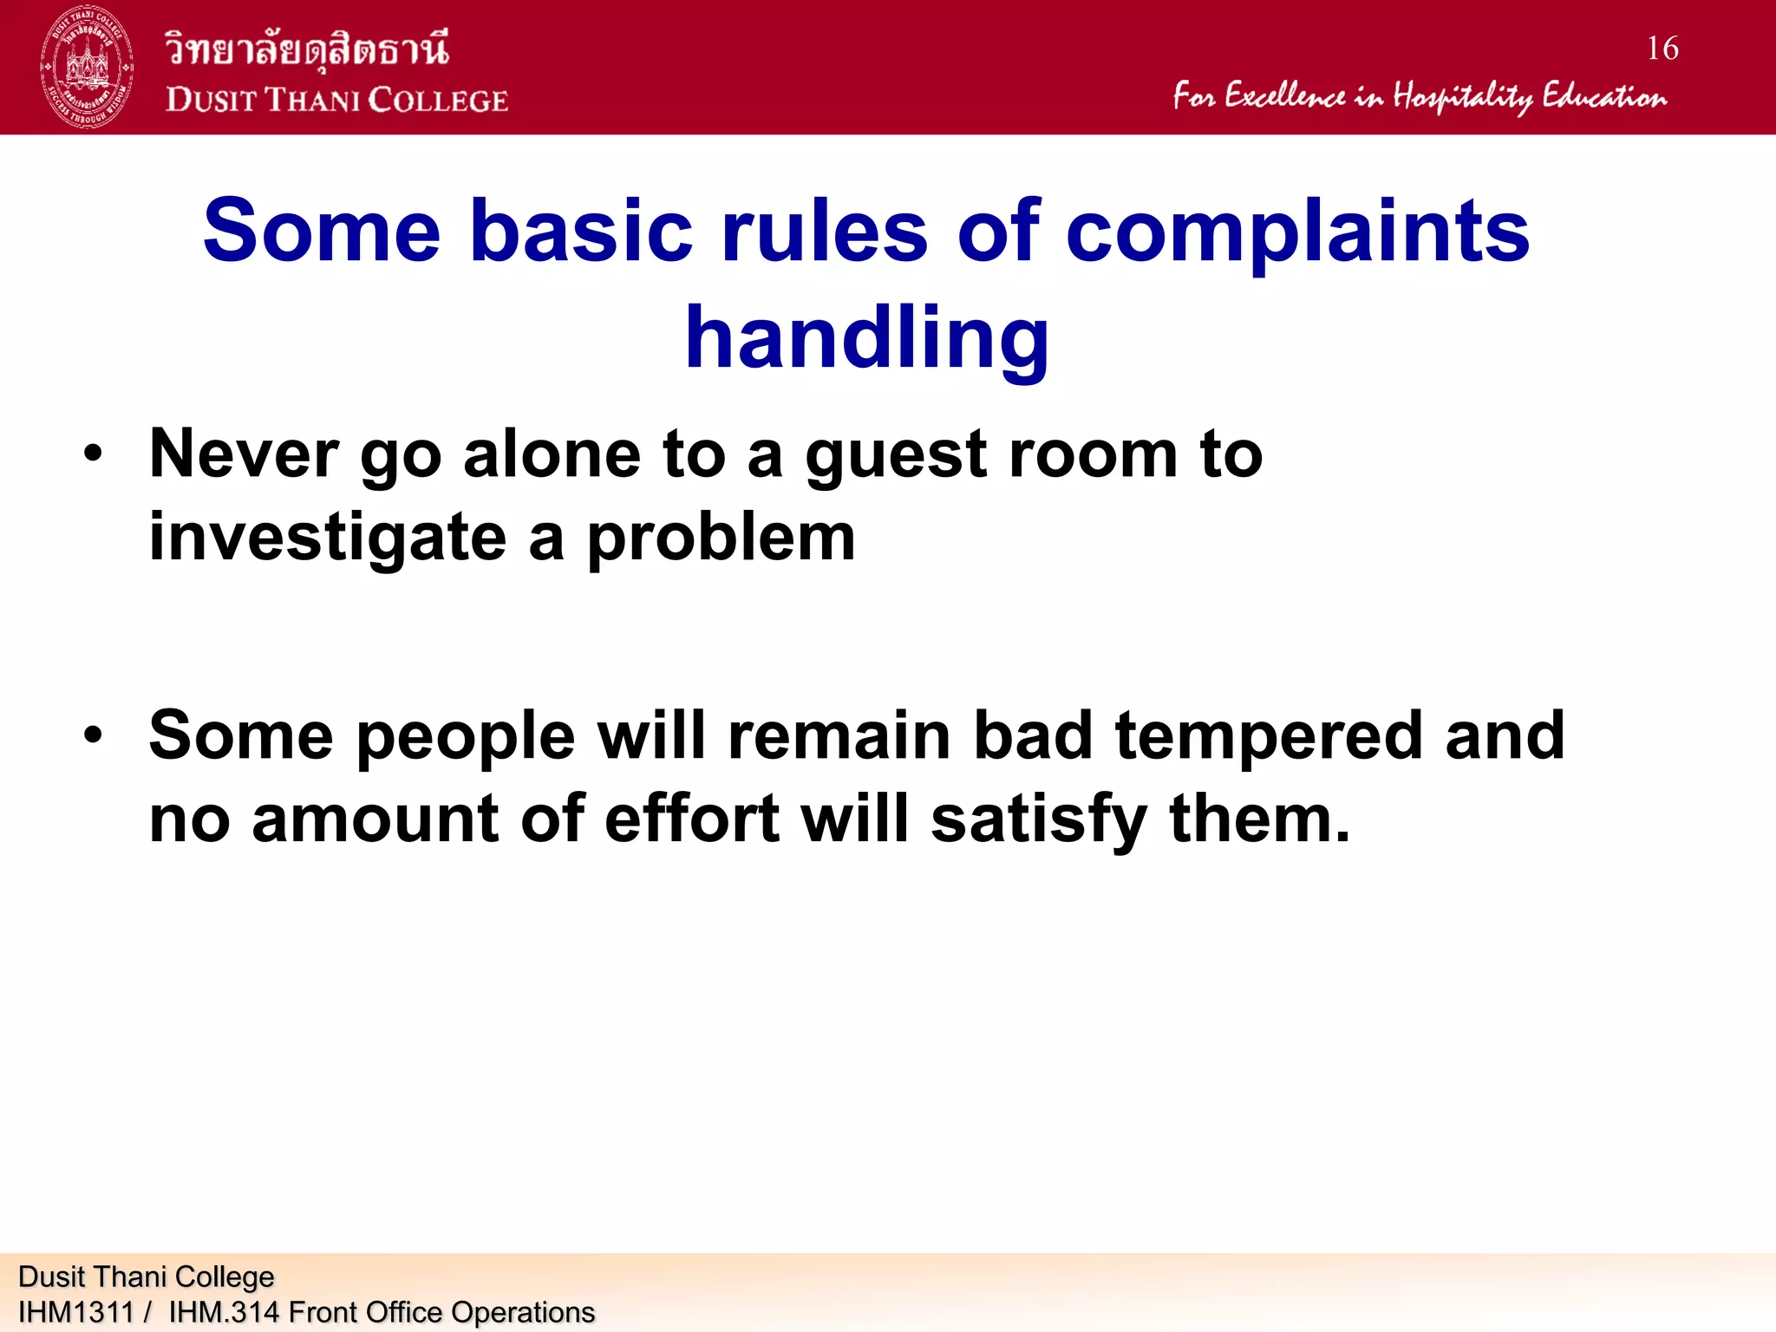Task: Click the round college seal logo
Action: pyautogui.click(x=87, y=67)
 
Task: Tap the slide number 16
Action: pyautogui.click(x=1662, y=49)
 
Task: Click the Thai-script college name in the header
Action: pyautogui.click(x=307, y=48)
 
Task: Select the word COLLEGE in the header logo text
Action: pyautogui.click(x=438, y=101)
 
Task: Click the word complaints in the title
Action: pyautogui.click(x=1296, y=231)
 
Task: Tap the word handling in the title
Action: pyautogui.click(x=866, y=338)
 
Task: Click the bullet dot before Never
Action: pyautogui.click(x=94, y=454)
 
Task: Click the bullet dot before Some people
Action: pyautogui.click(x=94, y=735)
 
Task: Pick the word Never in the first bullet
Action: pyautogui.click(x=244, y=454)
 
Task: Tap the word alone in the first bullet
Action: pyautogui.click(x=552, y=454)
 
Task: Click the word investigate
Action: pyautogui.click(x=327, y=538)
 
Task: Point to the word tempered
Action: pyautogui.click(x=1268, y=735)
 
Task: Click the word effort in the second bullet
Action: pyautogui.click(x=691, y=819)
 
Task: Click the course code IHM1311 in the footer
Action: pyautogui.click(x=75, y=1312)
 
